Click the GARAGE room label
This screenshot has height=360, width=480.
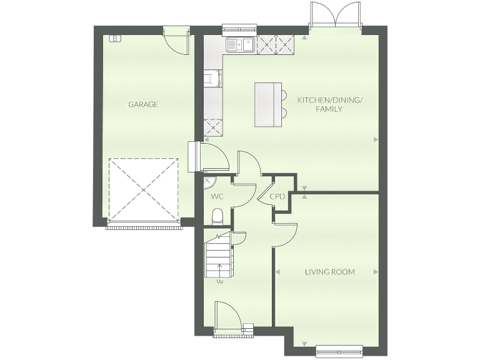pos(143,104)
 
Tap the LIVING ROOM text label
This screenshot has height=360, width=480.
pos(329,272)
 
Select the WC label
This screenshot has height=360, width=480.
pos(217,196)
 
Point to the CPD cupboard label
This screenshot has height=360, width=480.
pos(277,196)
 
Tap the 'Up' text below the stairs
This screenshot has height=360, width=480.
pos(219,281)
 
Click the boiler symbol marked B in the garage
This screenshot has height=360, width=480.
pos(115,39)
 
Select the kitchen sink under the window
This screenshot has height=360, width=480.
pos(239,44)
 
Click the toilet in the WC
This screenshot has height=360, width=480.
pos(217,216)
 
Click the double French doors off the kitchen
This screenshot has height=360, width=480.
pos(336,16)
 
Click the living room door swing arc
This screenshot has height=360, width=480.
pos(287,235)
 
